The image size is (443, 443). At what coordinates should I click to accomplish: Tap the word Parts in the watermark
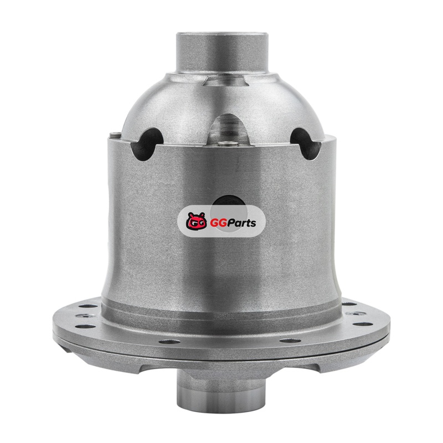click(242, 223)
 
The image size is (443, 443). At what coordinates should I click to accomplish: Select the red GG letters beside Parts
click(218, 223)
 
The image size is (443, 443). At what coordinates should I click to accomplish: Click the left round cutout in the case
click(147, 143)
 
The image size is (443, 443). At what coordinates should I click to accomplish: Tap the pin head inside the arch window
click(228, 144)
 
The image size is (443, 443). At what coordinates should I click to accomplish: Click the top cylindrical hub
click(222, 53)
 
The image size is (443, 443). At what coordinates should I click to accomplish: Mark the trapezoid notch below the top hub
click(225, 80)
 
